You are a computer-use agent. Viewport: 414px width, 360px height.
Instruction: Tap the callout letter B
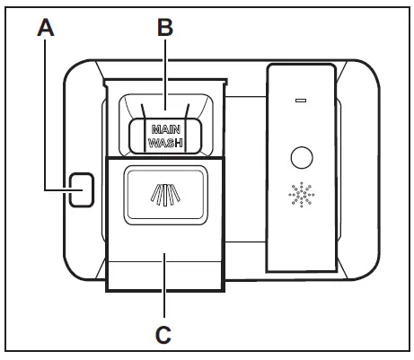point(163,27)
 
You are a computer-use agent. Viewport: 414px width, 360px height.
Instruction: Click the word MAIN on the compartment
point(163,128)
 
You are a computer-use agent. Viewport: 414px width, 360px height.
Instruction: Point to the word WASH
point(163,143)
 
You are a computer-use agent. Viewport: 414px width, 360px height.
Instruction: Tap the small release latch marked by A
point(81,189)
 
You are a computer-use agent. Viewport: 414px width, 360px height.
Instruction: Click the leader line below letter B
point(163,72)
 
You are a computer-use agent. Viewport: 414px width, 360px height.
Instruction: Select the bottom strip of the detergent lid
point(163,277)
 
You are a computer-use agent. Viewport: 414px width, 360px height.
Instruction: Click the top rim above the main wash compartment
point(163,82)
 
